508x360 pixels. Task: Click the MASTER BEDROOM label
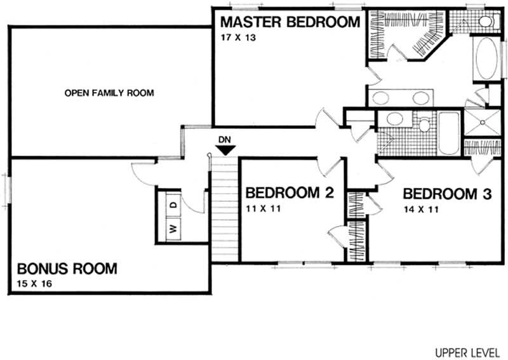(x=290, y=22)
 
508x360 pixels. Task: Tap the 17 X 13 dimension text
(x=238, y=37)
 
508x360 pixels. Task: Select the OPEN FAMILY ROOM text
(x=109, y=93)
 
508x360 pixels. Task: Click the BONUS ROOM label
(x=67, y=269)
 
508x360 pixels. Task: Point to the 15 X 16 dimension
(x=34, y=284)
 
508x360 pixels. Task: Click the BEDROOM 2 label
(x=290, y=193)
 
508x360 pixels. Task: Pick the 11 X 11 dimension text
(x=263, y=209)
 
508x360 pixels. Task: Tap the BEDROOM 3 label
(x=447, y=194)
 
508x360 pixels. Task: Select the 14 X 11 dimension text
(x=421, y=210)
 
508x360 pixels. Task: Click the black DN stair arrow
(x=225, y=150)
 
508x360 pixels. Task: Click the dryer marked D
(x=173, y=204)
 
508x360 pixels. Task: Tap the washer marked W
(x=173, y=229)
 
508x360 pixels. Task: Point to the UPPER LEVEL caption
(x=467, y=352)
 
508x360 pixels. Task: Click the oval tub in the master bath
(x=486, y=58)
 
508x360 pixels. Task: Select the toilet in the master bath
(x=487, y=22)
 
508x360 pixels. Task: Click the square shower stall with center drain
(x=483, y=122)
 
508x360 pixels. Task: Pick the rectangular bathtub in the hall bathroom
(x=449, y=133)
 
